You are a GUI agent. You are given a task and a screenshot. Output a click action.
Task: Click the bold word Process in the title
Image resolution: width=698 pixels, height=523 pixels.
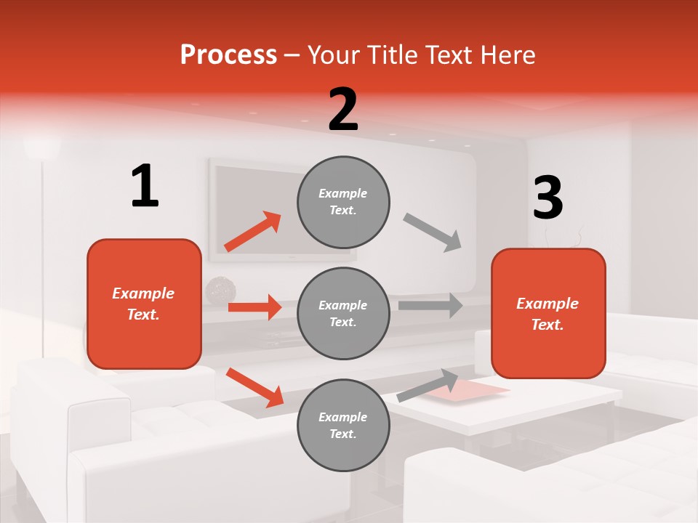(x=228, y=54)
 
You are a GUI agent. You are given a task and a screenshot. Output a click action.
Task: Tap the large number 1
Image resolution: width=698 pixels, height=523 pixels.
(x=145, y=186)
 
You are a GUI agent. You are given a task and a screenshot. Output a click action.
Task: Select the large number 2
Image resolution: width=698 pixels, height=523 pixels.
(x=343, y=109)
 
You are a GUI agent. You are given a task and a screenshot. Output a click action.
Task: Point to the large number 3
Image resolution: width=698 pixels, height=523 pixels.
(x=547, y=198)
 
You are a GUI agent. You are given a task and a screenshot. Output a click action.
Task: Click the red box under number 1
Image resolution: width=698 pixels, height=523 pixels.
(x=144, y=304)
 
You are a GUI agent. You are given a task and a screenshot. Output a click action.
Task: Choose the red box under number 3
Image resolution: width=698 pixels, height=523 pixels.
(x=548, y=314)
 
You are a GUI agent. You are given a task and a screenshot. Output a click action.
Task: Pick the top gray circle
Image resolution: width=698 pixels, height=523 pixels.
(x=343, y=201)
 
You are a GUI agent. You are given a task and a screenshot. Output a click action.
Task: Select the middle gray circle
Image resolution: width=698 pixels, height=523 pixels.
(x=343, y=313)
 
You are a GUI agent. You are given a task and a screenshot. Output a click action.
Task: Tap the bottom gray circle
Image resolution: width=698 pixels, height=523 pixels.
(x=343, y=425)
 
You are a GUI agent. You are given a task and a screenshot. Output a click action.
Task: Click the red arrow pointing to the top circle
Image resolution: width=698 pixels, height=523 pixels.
(x=253, y=232)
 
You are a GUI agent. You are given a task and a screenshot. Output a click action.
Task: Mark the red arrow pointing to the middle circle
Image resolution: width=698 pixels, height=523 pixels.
(x=254, y=307)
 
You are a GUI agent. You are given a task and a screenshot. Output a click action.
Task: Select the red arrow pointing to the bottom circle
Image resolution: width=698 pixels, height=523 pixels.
(x=254, y=387)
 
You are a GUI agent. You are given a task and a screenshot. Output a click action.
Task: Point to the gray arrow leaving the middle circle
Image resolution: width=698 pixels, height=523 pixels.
(x=430, y=305)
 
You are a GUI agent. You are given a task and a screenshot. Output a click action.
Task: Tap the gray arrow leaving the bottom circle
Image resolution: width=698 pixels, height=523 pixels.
(x=428, y=385)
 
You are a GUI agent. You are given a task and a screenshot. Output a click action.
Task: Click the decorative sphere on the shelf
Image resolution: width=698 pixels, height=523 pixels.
(x=220, y=291)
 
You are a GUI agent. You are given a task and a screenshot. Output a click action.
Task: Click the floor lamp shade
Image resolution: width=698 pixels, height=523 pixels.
(x=41, y=147)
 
